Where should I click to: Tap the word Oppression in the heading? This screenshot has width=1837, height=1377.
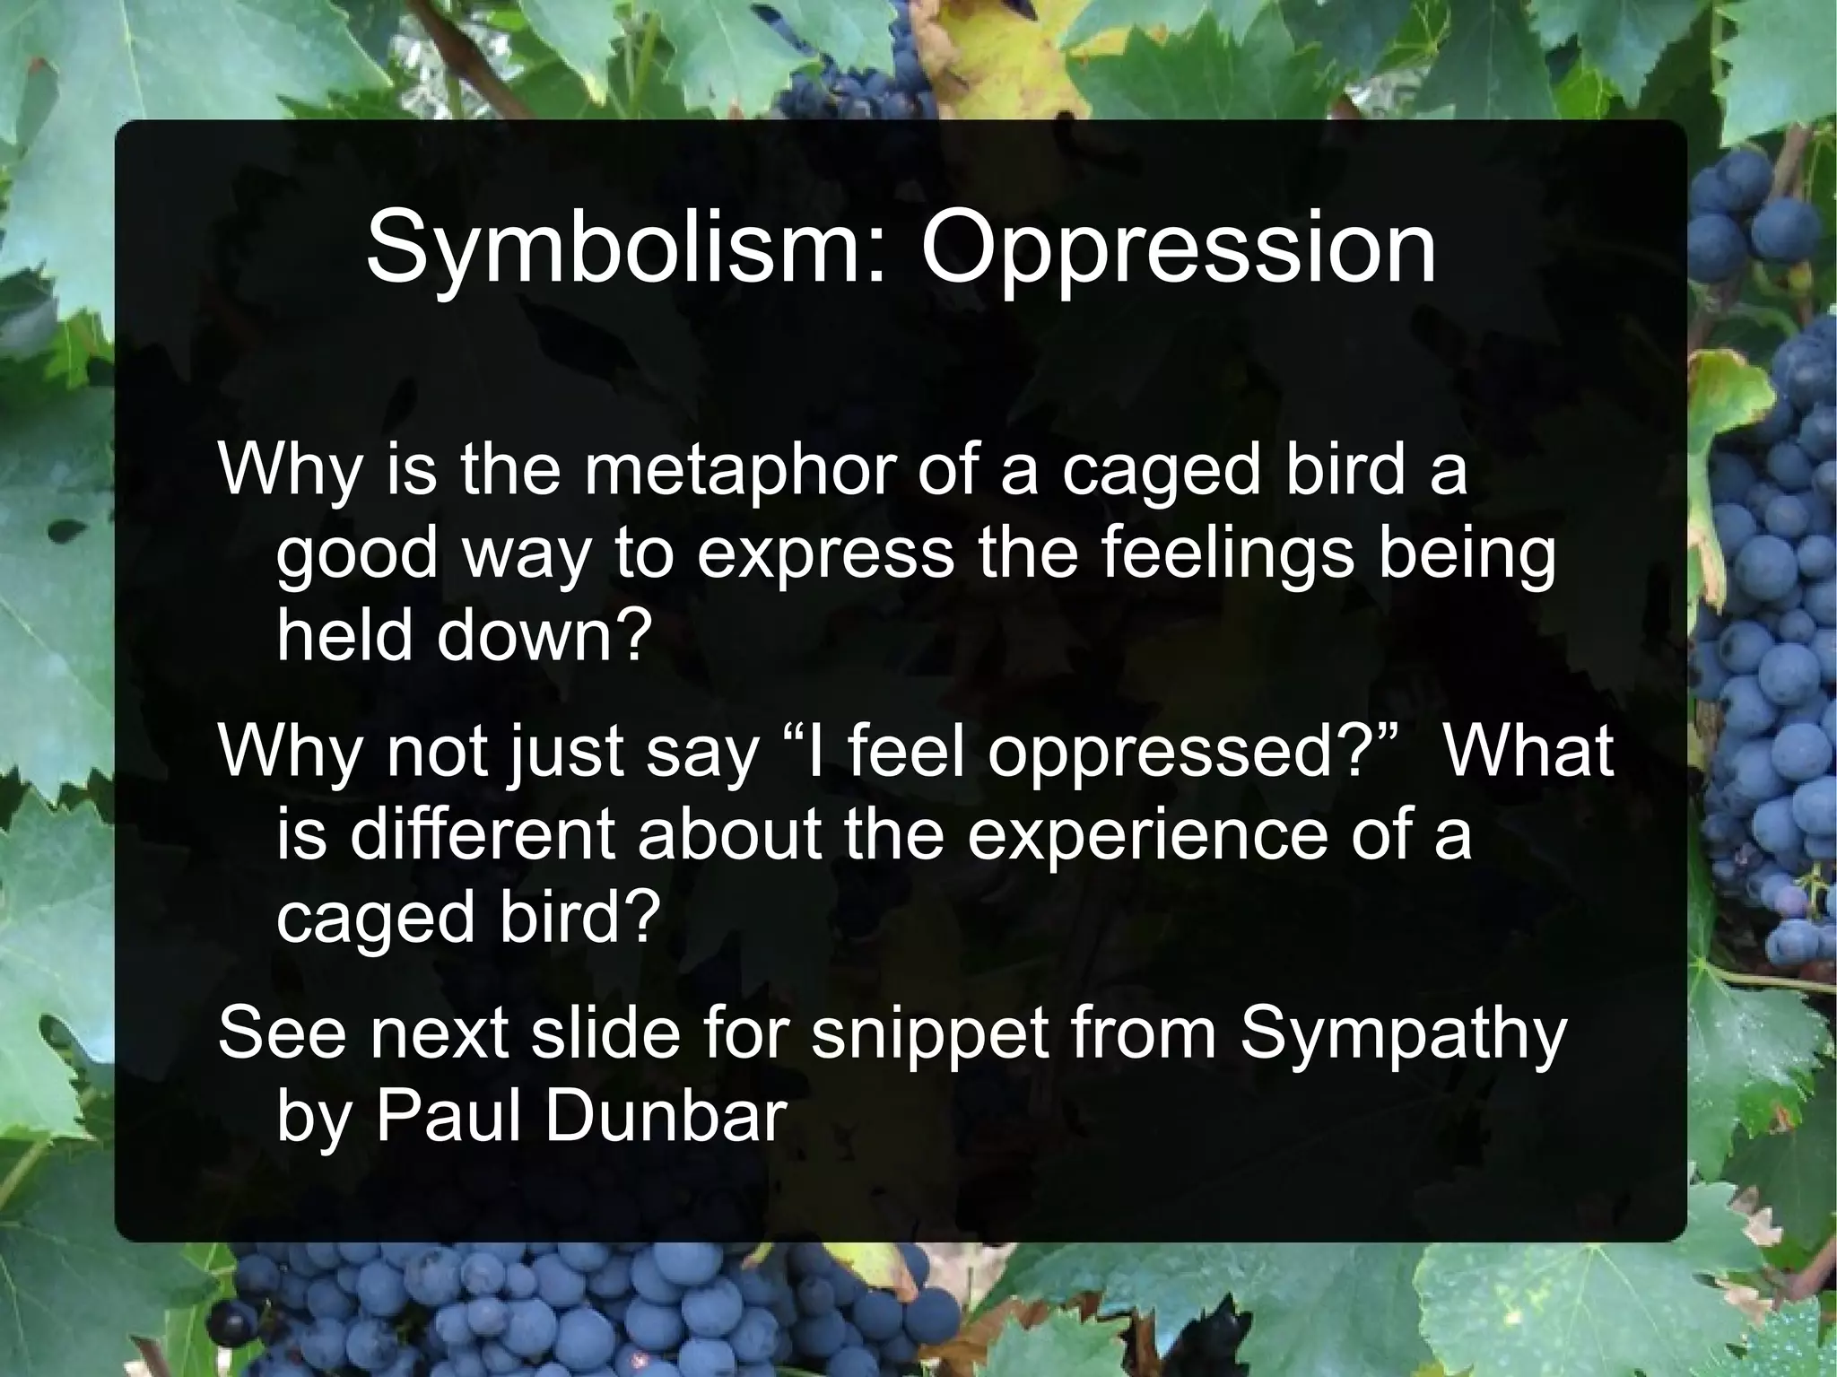coord(1178,248)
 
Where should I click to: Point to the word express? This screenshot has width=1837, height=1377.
coord(825,553)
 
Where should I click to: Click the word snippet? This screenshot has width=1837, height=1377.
coord(928,1033)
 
